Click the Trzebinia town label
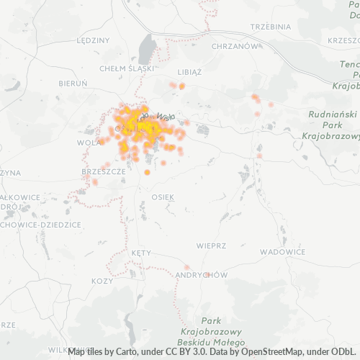tap(269, 26)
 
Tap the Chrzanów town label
tap(235, 45)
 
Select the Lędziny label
tap(91, 40)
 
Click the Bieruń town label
tap(73, 84)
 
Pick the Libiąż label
tap(190, 72)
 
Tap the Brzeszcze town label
tap(104, 172)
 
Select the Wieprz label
tap(211, 245)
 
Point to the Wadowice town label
tap(282, 252)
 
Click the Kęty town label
tap(140, 253)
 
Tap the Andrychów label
tap(201, 275)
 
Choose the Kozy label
tap(103, 280)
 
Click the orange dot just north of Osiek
tap(147, 172)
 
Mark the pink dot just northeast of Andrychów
tap(187, 267)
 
